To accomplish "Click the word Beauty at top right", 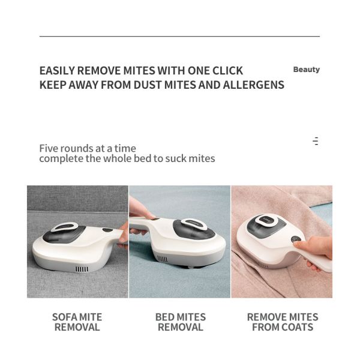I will (x=306, y=70).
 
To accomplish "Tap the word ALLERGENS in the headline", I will (x=254, y=85).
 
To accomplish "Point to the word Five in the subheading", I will (x=49, y=148).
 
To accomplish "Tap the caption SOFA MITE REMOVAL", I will (x=77, y=322).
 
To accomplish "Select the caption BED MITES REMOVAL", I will (x=180, y=322).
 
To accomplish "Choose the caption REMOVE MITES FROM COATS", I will (x=282, y=322).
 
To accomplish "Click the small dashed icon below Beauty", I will (x=316, y=142).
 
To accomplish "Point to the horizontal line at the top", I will (x=179, y=37).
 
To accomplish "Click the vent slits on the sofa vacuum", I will (x=82, y=269).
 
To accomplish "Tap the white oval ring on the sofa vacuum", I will (x=64, y=227).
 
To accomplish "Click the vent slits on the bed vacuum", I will (x=162, y=259).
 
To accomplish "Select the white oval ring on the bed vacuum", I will (x=193, y=224).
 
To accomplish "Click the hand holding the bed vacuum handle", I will (x=140, y=211).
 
